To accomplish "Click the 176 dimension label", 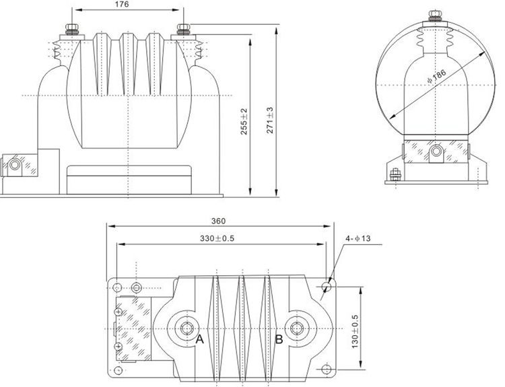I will click(122, 5).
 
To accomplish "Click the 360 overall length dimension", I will click(218, 221).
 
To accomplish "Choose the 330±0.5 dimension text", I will click(222, 238).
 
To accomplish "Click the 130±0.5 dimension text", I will click(355, 328).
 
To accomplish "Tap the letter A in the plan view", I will click(199, 340).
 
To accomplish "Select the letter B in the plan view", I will click(278, 340).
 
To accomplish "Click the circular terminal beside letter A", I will click(184, 328).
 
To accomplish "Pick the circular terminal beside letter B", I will click(294, 328).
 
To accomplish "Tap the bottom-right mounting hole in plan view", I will click(327, 368).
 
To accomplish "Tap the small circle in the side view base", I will click(437, 153).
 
